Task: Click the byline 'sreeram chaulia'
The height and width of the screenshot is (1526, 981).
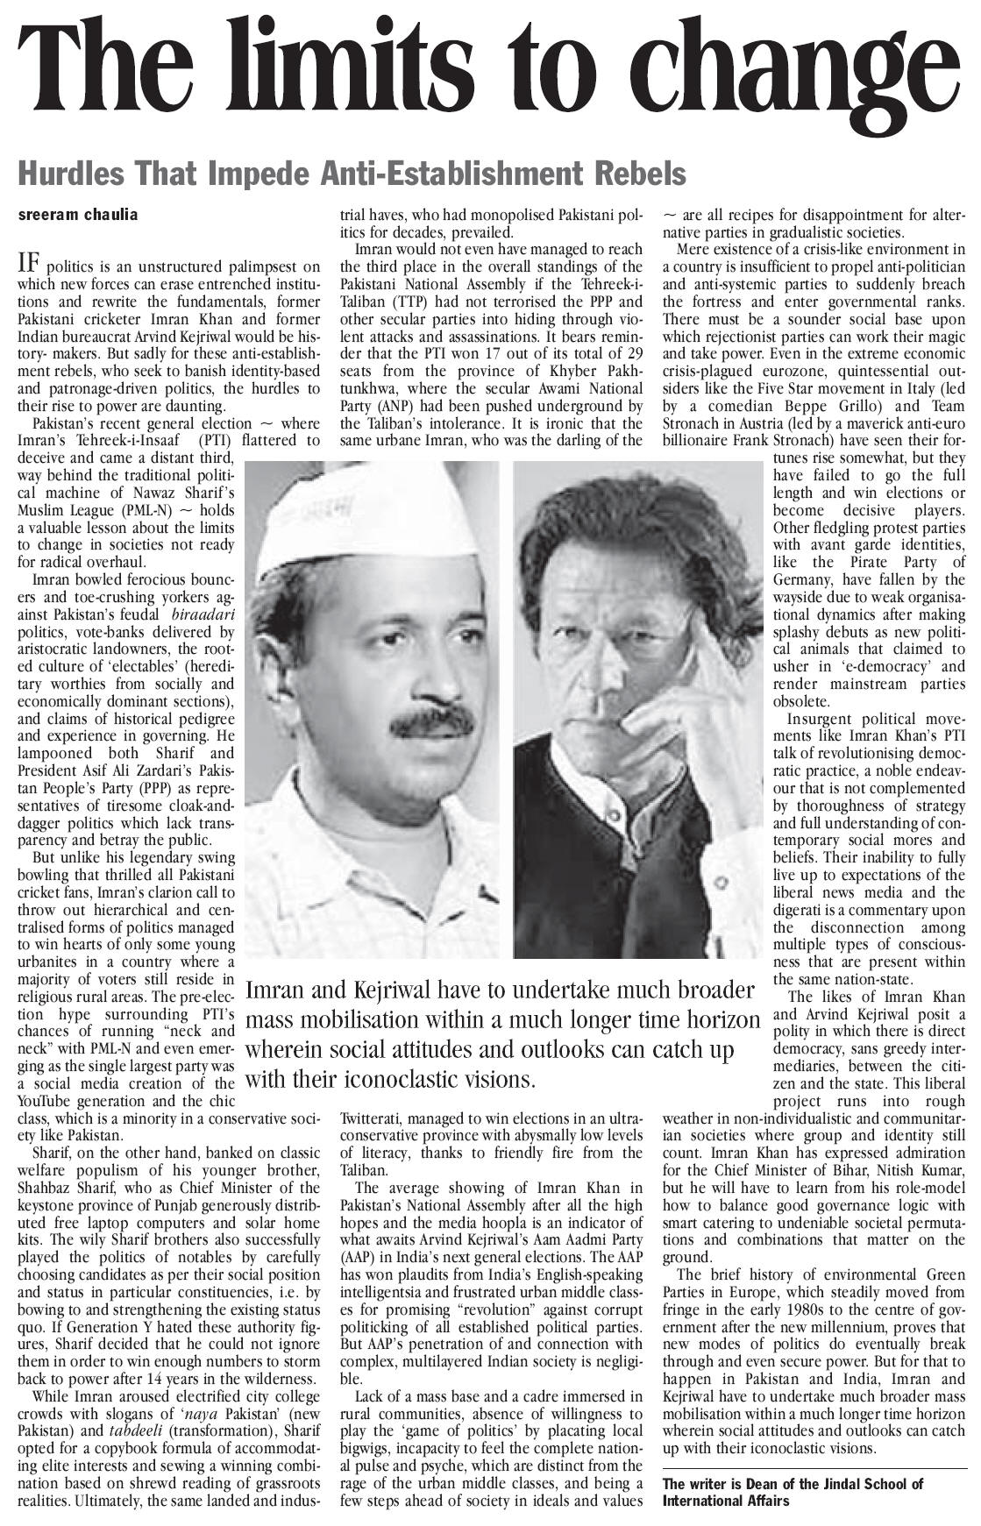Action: click(x=78, y=215)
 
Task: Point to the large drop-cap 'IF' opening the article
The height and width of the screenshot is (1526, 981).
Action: click(x=29, y=263)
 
